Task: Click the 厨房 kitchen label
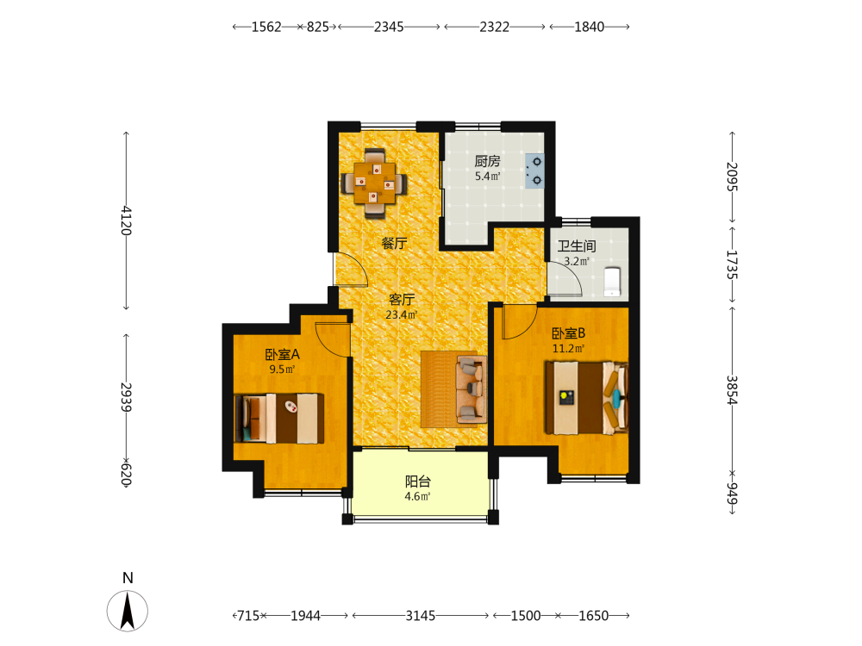[487, 161]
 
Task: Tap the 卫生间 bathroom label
[577, 246]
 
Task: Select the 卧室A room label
[282, 354]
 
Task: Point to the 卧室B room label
[568, 333]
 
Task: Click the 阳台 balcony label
[418, 481]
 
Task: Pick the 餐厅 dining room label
[394, 243]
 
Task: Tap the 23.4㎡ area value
[402, 314]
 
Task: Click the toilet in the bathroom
[612, 282]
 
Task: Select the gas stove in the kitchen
[534, 171]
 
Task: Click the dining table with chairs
[374, 183]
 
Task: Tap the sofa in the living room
[472, 389]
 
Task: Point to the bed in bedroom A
[279, 418]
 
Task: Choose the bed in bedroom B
[586, 398]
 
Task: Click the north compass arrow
[128, 611]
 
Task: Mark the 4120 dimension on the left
[127, 221]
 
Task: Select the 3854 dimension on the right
[732, 390]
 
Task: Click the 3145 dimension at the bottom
[421, 616]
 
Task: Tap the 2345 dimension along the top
[389, 27]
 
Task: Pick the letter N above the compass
[128, 578]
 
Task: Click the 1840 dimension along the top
[590, 27]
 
